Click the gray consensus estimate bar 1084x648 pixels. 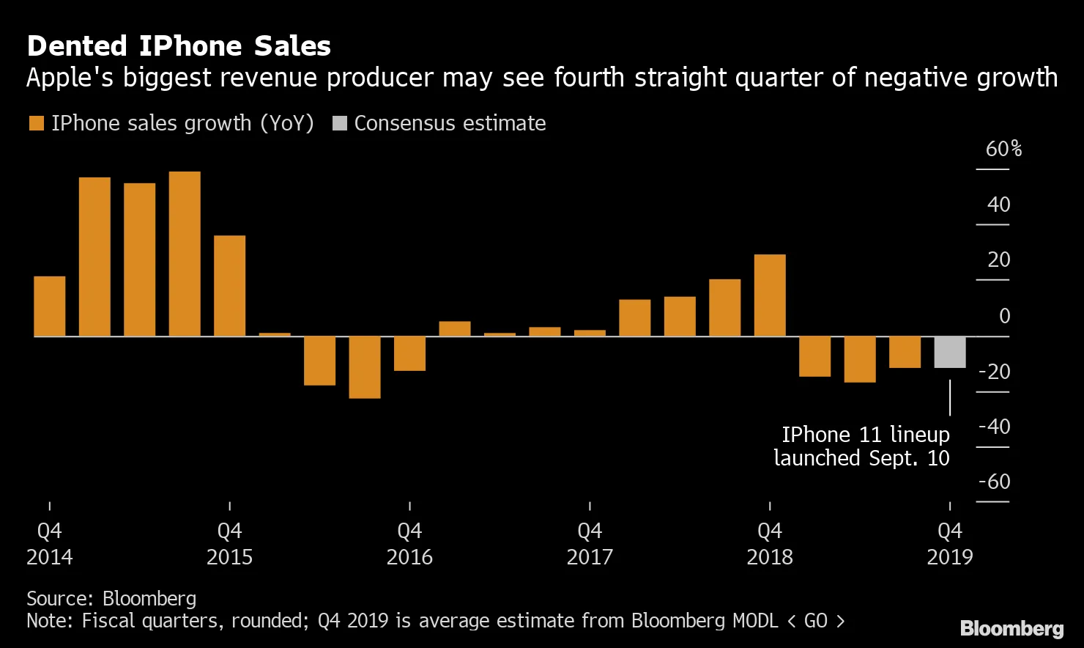pyautogui.click(x=950, y=352)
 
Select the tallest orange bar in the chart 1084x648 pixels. pyautogui.click(x=185, y=254)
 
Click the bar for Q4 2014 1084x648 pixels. pyautogui.click(x=50, y=306)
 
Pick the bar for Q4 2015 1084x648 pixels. pyautogui.click(x=230, y=286)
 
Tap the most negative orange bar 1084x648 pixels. pyautogui.click(x=365, y=367)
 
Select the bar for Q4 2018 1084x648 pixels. pyautogui.click(x=770, y=295)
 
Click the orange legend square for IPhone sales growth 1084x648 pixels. pyautogui.click(x=37, y=123)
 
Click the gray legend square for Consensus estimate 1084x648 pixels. pyautogui.click(x=340, y=123)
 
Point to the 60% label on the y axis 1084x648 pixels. pyautogui.click(x=1003, y=149)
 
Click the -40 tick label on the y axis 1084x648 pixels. pyautogui.click(x=994, y=426)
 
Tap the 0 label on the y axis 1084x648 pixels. pyautogui.click(x=1004, y=316)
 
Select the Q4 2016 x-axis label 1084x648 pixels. pyautogui.click(x=409, y=543)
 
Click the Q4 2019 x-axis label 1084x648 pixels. pyautogui.click(x=950, y=543)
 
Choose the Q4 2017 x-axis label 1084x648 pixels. pyautogui.click(x=590, y=543)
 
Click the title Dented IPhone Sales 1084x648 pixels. pyautogui.click(x=179, y=46)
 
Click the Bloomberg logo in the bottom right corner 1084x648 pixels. pyautogui.click(x=1011, y=628)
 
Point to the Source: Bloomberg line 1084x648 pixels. pyautogui.click(x=111, y=598)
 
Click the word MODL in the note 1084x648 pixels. pyautogui.click(x=755, y=621)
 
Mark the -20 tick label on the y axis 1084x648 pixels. pyautogui.click(x=994, y=372)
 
